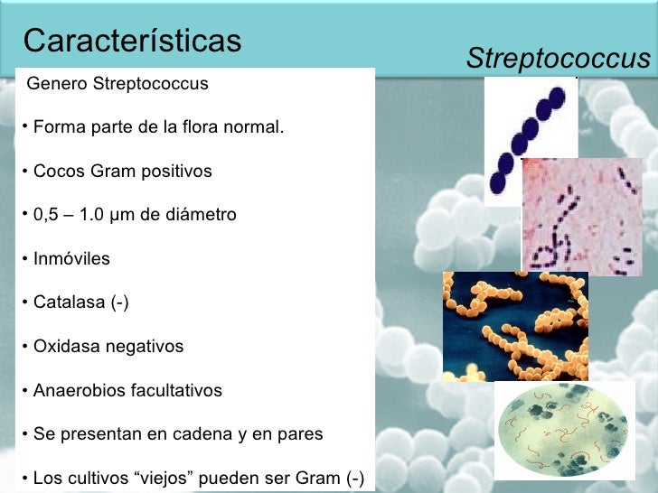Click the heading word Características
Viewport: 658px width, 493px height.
[133, 41]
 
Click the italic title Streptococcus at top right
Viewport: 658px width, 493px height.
[558, 60]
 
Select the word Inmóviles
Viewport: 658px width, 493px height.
[71, 259]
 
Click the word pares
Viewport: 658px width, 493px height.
[299, 434]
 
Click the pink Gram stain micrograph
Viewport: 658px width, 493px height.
[581, 217]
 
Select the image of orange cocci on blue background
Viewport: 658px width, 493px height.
[515, 326]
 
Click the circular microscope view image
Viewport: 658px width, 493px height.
[561, 431]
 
